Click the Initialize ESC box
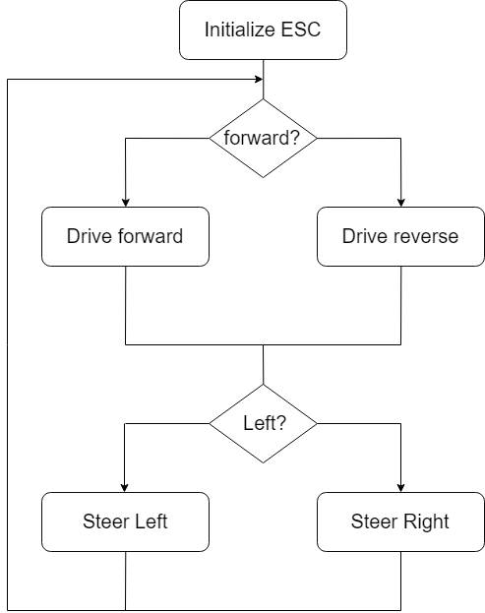click(x=263, y=31)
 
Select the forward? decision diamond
click(x=263, y=138)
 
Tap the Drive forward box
click(x=126, y=236)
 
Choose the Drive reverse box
click(x=400, y=236)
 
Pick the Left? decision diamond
click(x=263, y=423)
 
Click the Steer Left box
click(x=126, y=521)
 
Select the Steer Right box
click(x=400, y=521)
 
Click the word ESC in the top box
click(x=301, y=30)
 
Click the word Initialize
click(x=240, y=30)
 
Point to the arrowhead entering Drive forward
click(x=126, y=203)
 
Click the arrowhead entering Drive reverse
click(x=400, y=203)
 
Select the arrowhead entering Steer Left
click(x=124, y=488)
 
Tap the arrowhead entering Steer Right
click(x=400, y=488)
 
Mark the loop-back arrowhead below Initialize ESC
click(x=259, y=80)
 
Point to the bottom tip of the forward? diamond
click(x=263, y=177)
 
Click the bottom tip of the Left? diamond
click(x=263, y=462)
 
